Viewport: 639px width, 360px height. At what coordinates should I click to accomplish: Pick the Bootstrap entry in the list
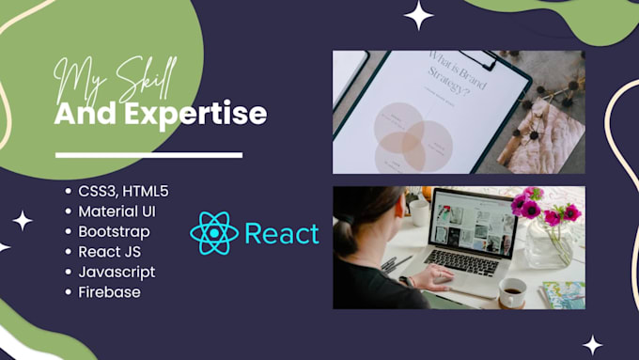[114, 231]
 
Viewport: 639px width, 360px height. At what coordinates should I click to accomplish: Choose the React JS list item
[113, 251]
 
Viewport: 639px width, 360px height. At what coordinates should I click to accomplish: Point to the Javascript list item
[117, 272]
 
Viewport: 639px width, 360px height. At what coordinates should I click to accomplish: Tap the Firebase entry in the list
[109, 291]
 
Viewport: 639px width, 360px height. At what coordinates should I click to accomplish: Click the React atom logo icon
[214, 233]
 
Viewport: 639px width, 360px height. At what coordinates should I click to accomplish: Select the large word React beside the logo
[281, 233]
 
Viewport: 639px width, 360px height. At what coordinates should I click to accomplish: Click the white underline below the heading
[148, 155]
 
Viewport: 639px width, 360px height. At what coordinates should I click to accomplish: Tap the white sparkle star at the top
[418, 14]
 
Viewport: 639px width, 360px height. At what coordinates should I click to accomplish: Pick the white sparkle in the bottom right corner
[592, 344]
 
